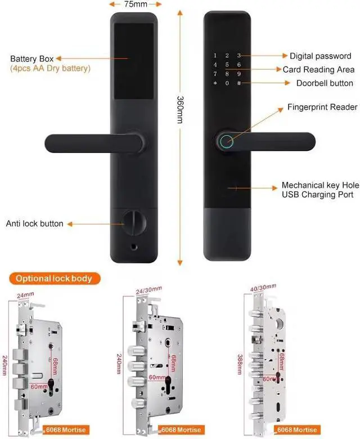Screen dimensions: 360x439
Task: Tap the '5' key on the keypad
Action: click(226, 65)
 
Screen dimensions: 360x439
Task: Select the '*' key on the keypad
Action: click(214, 83)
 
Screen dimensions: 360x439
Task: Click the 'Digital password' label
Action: click(321, 56)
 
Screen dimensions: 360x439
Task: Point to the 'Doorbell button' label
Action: click(325, 83)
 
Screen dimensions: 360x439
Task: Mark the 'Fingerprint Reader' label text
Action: click(322, 107)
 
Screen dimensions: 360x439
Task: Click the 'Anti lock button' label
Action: click(35, 223)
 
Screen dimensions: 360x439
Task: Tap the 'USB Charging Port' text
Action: click(318, 195)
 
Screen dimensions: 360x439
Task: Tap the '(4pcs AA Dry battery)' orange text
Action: click(50, 69)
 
